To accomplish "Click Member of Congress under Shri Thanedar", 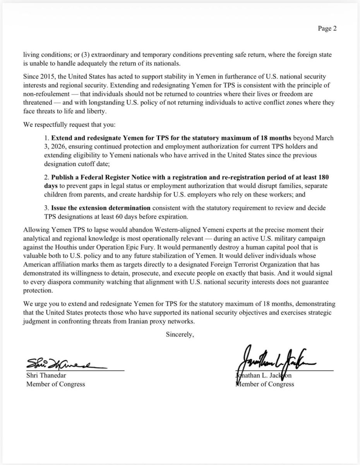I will (x=55, y=384).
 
